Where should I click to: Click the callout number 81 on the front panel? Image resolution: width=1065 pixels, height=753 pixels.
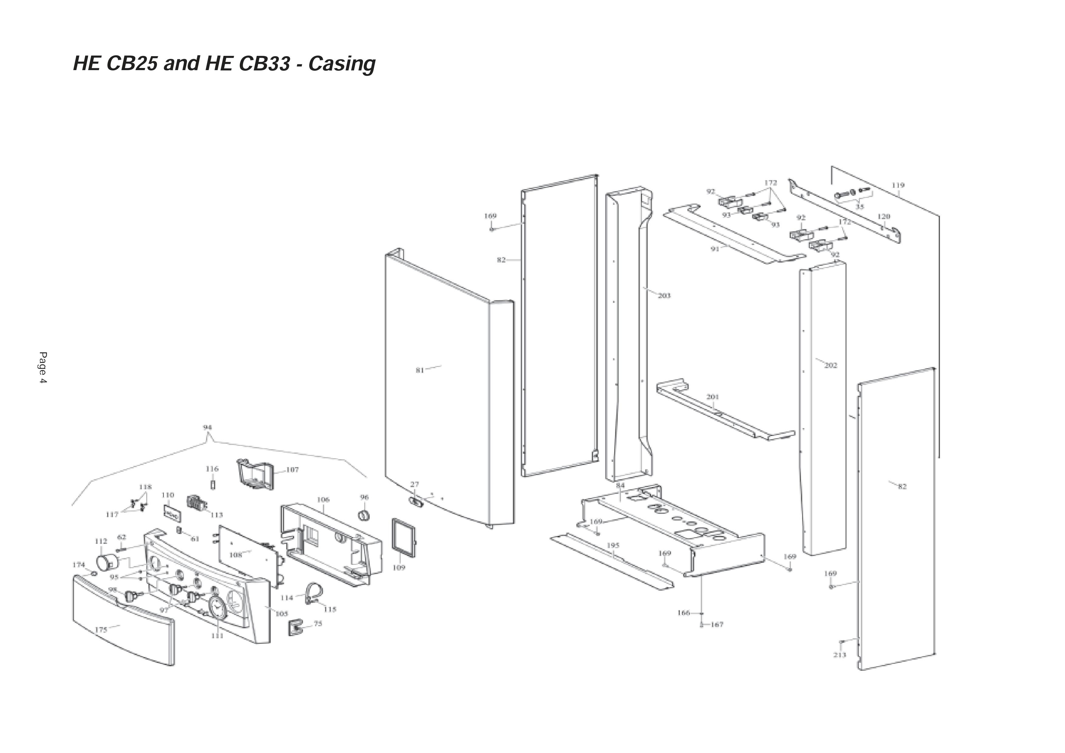419,370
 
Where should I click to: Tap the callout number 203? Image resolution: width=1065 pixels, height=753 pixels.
664,296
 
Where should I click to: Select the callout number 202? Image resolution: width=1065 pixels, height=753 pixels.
830,366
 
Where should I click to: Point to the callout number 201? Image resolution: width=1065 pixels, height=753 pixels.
712,397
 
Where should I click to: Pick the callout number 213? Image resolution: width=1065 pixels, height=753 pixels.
839,655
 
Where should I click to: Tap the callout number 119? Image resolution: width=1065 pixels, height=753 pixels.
898,185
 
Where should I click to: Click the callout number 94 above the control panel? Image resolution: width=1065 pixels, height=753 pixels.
207,427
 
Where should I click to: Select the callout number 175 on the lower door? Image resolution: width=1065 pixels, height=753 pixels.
101,629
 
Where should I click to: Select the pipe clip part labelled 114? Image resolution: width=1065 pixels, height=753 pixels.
314,594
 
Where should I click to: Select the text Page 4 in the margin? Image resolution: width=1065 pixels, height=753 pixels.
43,368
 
